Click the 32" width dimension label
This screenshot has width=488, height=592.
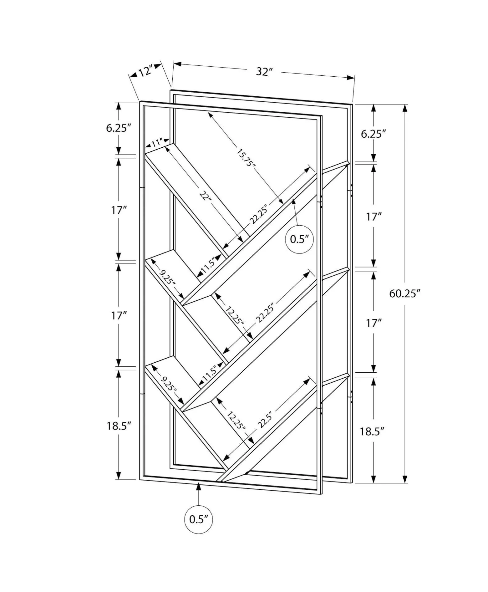tap(264, 71)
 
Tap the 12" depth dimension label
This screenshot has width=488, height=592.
tap(145, 71)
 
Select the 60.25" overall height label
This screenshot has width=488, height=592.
tap(405, 293)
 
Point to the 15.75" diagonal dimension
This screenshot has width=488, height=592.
tap(246, 158)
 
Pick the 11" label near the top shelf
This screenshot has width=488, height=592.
tap(156, 143)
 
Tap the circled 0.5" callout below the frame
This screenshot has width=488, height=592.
tap(199, 519)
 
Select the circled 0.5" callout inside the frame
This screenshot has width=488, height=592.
tap(299, 239)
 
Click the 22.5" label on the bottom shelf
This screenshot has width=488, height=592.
tap(265, 420)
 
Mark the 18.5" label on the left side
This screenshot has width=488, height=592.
tap(119, 426)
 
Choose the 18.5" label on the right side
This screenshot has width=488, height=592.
tap(372, 431)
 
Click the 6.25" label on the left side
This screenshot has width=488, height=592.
tap(119, 128)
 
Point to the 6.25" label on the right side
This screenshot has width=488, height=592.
tap(373, 134)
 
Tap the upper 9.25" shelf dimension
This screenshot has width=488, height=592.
tap(167, 277)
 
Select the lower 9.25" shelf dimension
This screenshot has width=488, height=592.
tap(168, 383)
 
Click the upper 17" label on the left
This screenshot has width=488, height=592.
tap(119, 210)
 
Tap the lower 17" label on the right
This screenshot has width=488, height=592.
tap(374, 323)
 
